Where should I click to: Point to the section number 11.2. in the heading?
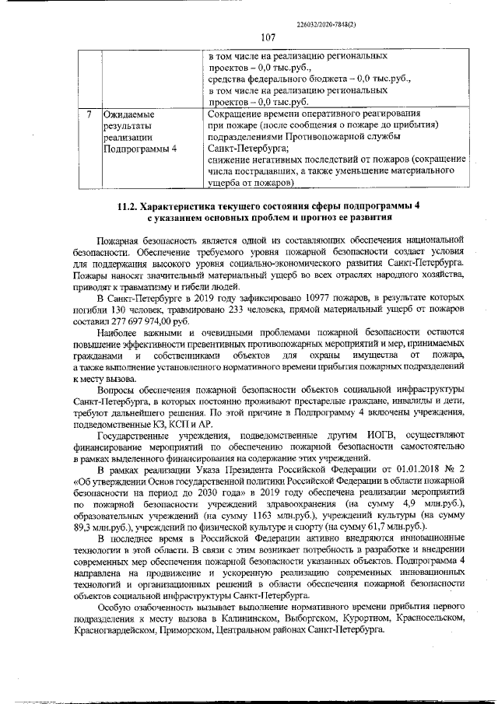131,205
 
